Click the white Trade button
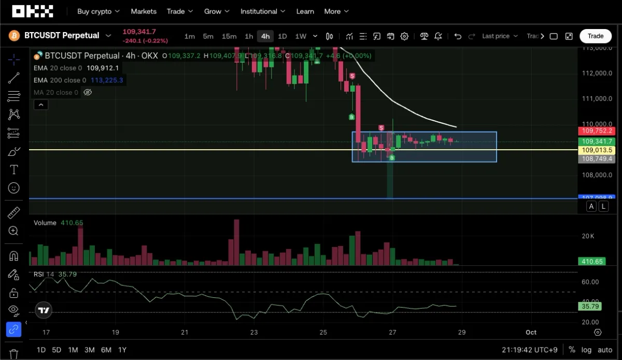coord(595,36)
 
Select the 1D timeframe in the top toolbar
coord(282,36)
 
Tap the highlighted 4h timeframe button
coord(265,36)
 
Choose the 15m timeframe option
coord(229,36)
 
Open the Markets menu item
coord(144,11)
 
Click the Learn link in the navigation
coord(305,11)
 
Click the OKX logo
coord(33,11)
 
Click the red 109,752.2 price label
coord(597,131)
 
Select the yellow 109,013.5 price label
coord(597,150)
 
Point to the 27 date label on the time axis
coord(392,333)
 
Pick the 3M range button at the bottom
coord(89,350)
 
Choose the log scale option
coord(586,350)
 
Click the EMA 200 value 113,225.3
coord(106,80)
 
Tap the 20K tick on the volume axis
coord(588,236)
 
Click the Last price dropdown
coord(500,36)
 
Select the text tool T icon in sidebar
coord(14,169)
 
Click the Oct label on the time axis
coord(531,333)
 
